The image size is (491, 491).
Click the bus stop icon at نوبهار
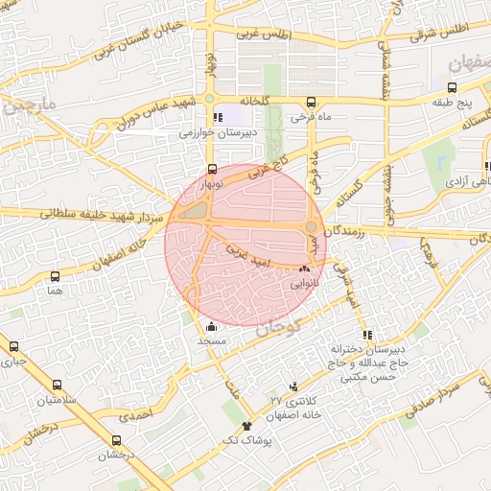[211, 169]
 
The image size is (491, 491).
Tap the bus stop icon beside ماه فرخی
[310, 103]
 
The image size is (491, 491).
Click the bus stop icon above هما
[55, 276]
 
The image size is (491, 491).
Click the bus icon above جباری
[13, 347]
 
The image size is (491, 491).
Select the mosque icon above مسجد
[211, 327]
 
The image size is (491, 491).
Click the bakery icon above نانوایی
[306, 270]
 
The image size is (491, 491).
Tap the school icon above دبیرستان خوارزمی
[219, 118]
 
